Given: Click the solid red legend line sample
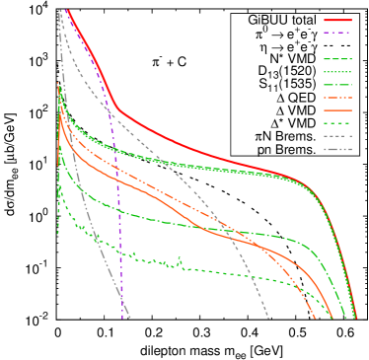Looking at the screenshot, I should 337,20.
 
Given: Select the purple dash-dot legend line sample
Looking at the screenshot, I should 337,33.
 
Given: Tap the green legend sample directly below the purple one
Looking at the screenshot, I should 337,59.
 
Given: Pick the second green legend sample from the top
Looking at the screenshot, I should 337,72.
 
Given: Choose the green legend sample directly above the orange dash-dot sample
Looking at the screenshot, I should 337,85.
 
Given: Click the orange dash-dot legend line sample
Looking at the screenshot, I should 337,98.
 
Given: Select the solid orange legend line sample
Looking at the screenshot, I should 337,110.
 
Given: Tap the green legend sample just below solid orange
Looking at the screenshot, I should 337,123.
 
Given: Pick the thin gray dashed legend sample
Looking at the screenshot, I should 337,136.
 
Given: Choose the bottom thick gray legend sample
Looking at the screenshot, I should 337,149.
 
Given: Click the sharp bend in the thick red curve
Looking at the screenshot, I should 116,107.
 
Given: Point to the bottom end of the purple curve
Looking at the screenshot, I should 123,318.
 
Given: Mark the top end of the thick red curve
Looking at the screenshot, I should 66,10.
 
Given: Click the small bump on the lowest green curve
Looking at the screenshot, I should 180,260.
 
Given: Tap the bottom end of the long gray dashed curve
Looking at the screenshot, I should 268,318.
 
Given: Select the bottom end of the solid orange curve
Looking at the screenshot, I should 330,318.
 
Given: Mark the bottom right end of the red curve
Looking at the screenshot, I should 356,318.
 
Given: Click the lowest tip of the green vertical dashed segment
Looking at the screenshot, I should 58,234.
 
